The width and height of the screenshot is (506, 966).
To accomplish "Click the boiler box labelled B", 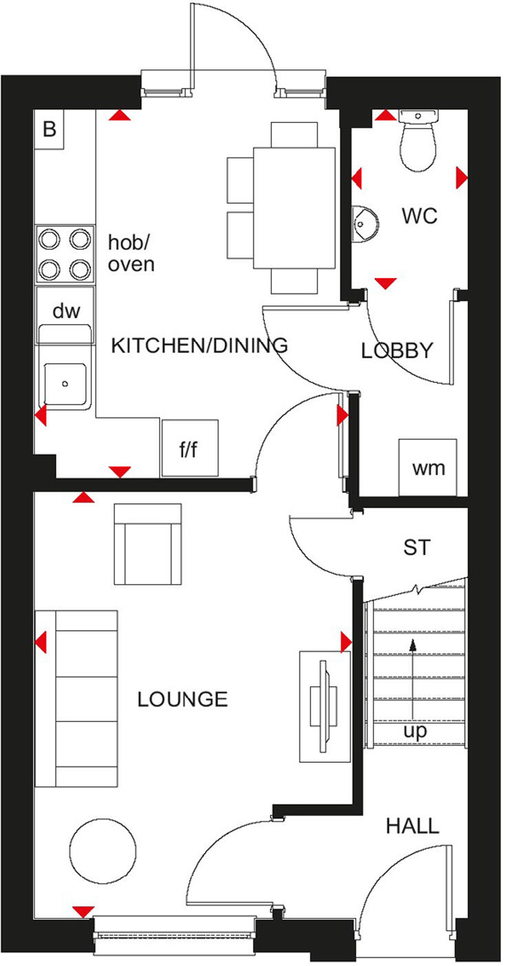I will (49, 129).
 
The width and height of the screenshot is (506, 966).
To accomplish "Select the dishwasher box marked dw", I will (66, 311).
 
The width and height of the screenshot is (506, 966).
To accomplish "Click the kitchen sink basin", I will (65, 383).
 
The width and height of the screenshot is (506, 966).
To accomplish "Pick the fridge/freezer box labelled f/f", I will (189, 448).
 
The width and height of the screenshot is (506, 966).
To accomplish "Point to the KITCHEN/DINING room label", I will (199, 345).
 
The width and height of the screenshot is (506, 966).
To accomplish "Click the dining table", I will (295, 207).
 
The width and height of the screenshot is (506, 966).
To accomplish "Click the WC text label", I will (420, 216).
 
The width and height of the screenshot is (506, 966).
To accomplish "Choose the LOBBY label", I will (398, 350).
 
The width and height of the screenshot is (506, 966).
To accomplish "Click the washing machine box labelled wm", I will (428, 468).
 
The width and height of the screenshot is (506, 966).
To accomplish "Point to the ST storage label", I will (417, 547).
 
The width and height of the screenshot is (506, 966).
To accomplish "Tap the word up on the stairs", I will (415, 731).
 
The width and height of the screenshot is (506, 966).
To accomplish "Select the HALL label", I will (412, 825).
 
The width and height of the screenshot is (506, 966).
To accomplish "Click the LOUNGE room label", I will (182, 700).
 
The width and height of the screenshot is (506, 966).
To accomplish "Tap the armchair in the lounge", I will (148, 544).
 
